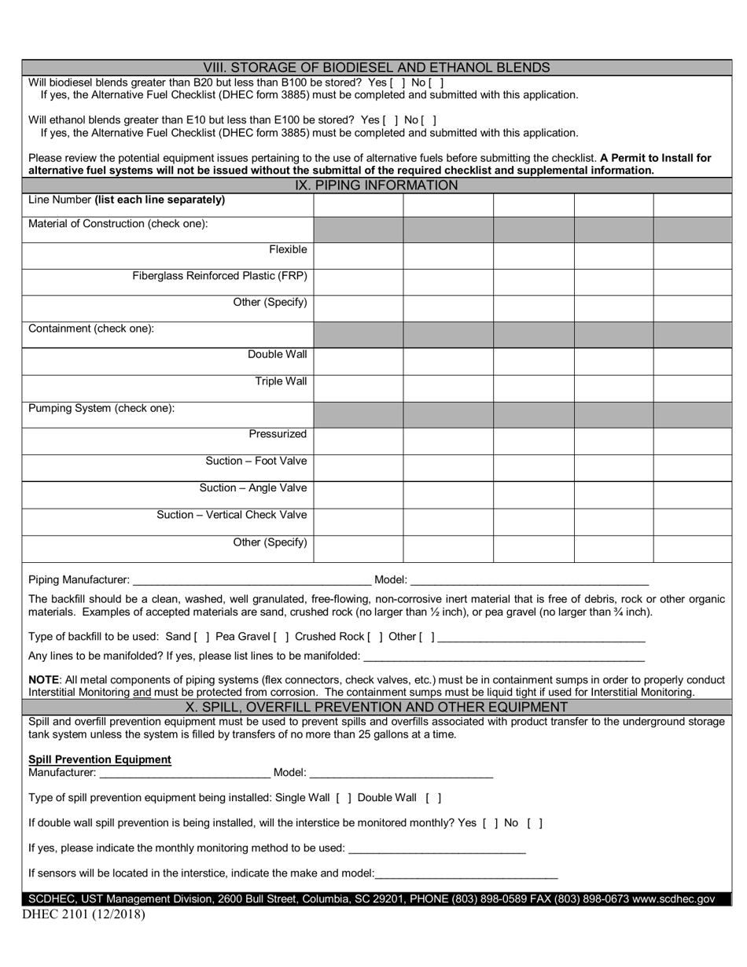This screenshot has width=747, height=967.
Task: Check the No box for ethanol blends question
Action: coord(429,120)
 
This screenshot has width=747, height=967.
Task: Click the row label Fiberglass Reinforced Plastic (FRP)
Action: coord(219,276)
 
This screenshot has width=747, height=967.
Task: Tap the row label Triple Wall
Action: coord(281,381)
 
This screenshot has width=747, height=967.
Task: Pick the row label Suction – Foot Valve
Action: coord(256,461)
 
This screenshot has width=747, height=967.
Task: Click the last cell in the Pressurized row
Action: coord(692,440)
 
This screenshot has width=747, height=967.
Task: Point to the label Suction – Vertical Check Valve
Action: coord(231,515)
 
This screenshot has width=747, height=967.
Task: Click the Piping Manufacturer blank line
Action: coord(252,580)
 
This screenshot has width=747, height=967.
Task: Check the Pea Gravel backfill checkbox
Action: coord(281,637)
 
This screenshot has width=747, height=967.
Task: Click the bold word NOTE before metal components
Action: coord(43,679)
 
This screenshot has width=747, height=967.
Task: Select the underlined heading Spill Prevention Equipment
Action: coord(100,759)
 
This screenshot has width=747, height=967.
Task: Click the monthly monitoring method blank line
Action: coord(436,848)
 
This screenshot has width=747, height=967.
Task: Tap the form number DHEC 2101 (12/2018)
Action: coord(83,914)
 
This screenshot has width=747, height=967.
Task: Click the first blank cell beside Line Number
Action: coord(358,204)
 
